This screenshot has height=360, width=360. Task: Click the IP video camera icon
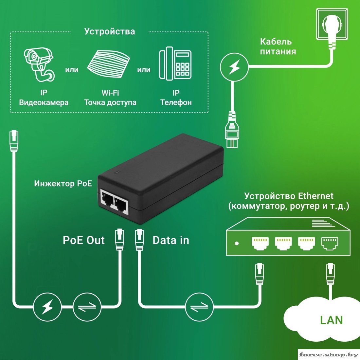pyautogui.click(x=39, y=64)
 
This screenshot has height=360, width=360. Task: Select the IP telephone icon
pyautogui.click(x=175, y=63)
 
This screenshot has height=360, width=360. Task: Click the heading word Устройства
pyautogui.click(x=110, y=31)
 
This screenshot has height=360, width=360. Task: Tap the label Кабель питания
pyautogui.click(x=278, y=46)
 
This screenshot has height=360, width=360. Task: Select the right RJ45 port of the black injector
pyautogui.click(x=121, y=205)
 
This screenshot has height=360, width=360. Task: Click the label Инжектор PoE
pyautogui.click(x=63, y=183)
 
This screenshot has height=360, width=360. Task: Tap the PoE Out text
pyautogui.click(x=84, y=240)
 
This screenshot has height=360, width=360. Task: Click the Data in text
pyautogui.click(x=171, y=240)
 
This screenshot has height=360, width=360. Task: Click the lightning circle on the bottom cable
pyautogui.click(x=48, y=307)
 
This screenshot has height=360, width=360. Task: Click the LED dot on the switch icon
pyautogui.click(x=237, y=243)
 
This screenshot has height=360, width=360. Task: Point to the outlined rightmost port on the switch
pyautogui.click(x=330, y=243)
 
